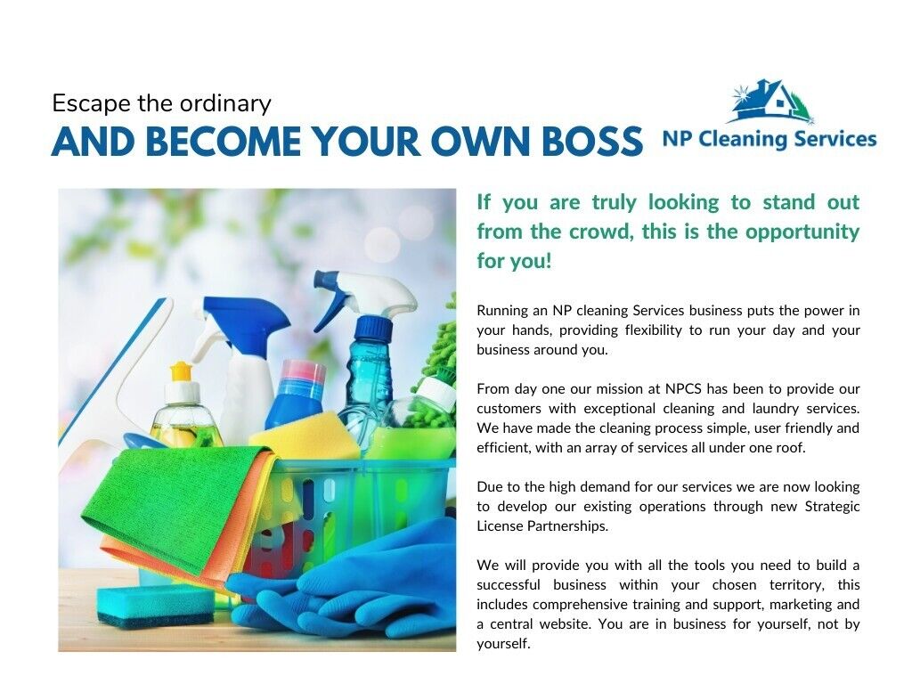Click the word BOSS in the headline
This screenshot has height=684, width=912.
point(592,142)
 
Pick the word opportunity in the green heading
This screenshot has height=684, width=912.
point(802,232)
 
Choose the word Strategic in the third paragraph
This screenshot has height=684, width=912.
point(833,507)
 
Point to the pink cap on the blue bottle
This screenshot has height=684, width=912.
point(303,373)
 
